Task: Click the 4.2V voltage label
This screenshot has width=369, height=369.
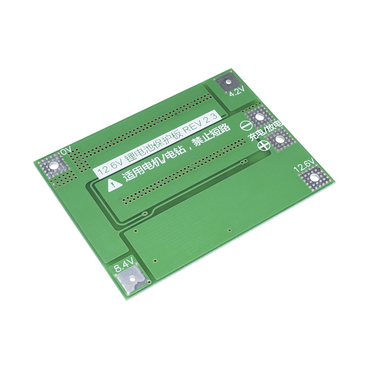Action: click(x=237, y=91)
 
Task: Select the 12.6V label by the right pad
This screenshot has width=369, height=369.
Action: click(x=304, y=165)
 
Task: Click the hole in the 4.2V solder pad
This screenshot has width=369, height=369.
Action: click(x=228, y=82)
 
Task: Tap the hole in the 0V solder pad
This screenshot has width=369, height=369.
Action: click(x=55, y=165)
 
